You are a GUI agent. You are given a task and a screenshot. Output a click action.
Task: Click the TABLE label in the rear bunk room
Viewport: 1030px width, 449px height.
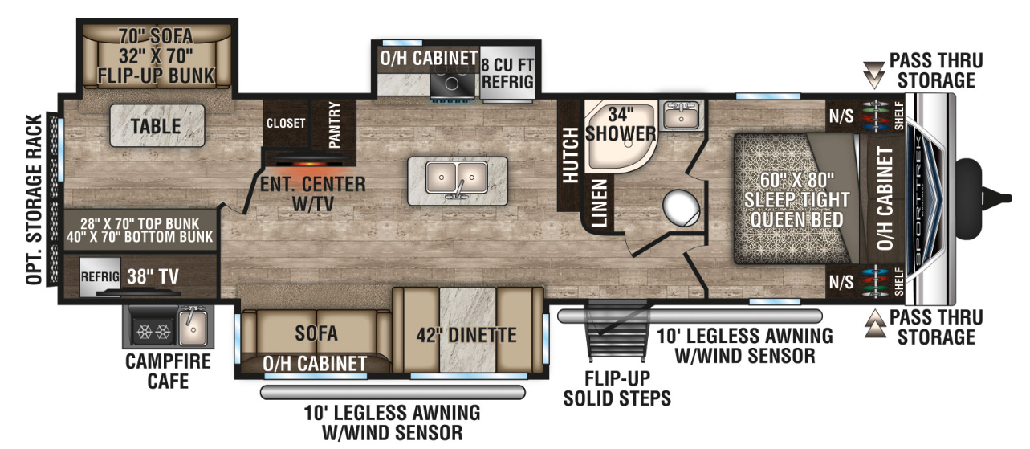tap(156, 127)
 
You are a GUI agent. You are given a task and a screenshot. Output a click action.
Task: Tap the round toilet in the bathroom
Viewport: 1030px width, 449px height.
tap(682, 208)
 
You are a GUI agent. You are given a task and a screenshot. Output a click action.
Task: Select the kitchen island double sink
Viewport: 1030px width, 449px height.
tap(457, 178)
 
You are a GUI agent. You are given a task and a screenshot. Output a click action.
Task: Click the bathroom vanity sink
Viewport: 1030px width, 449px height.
tap(681, 115)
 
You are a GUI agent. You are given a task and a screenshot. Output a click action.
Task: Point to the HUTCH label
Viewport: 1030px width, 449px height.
tap(571, 155)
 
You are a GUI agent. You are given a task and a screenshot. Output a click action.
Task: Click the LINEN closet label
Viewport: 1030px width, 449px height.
tap(600, 203)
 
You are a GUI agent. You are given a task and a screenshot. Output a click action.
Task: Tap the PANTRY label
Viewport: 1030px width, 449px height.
tap(334, 124)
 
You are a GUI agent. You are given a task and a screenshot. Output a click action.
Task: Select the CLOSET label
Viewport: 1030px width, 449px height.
tap(286, 123)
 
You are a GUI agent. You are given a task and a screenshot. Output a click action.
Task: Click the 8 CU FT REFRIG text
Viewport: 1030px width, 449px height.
tap(507, 74)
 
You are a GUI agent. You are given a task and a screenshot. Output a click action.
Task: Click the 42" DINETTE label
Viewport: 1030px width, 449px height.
tap(466, 336)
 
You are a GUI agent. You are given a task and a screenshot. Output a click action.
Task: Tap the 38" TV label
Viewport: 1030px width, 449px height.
tap(153, 276)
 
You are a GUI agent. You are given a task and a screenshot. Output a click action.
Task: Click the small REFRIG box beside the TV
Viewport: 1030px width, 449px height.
tap(100, 276)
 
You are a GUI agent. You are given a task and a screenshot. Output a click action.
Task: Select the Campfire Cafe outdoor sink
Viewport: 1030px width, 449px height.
tap(193, 326)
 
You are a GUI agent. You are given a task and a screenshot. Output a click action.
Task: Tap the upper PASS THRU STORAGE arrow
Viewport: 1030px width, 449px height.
tap(873, 75)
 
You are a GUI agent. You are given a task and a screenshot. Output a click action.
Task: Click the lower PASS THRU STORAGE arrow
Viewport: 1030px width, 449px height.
tap(875, 324)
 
